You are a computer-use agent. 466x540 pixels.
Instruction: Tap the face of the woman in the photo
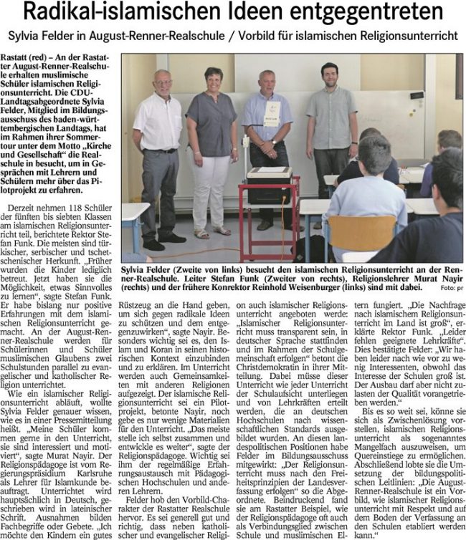point(214,77)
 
